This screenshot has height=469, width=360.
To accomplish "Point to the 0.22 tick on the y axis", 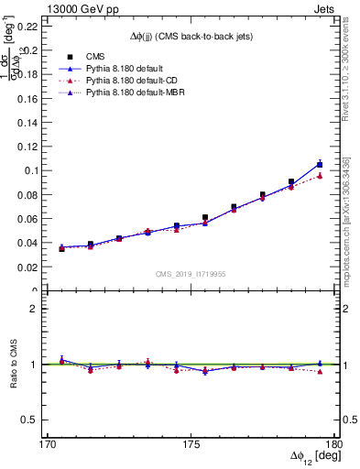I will (x=29, y=26).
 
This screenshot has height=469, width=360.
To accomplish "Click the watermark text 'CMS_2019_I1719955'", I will (x=191, y=274).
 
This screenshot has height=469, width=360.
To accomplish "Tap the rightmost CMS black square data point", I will (x=320, y=165).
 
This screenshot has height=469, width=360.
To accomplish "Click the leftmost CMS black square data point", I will (x=61, y=248).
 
